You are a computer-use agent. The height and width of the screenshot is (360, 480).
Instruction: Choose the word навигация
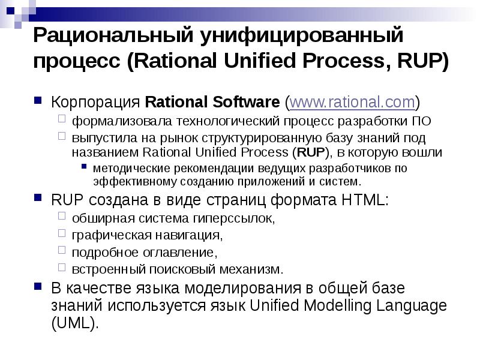[192, 235]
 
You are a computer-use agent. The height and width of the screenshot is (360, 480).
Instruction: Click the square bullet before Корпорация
[38, 101]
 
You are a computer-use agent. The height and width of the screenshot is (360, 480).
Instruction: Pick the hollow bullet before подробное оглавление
[62, 250]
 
